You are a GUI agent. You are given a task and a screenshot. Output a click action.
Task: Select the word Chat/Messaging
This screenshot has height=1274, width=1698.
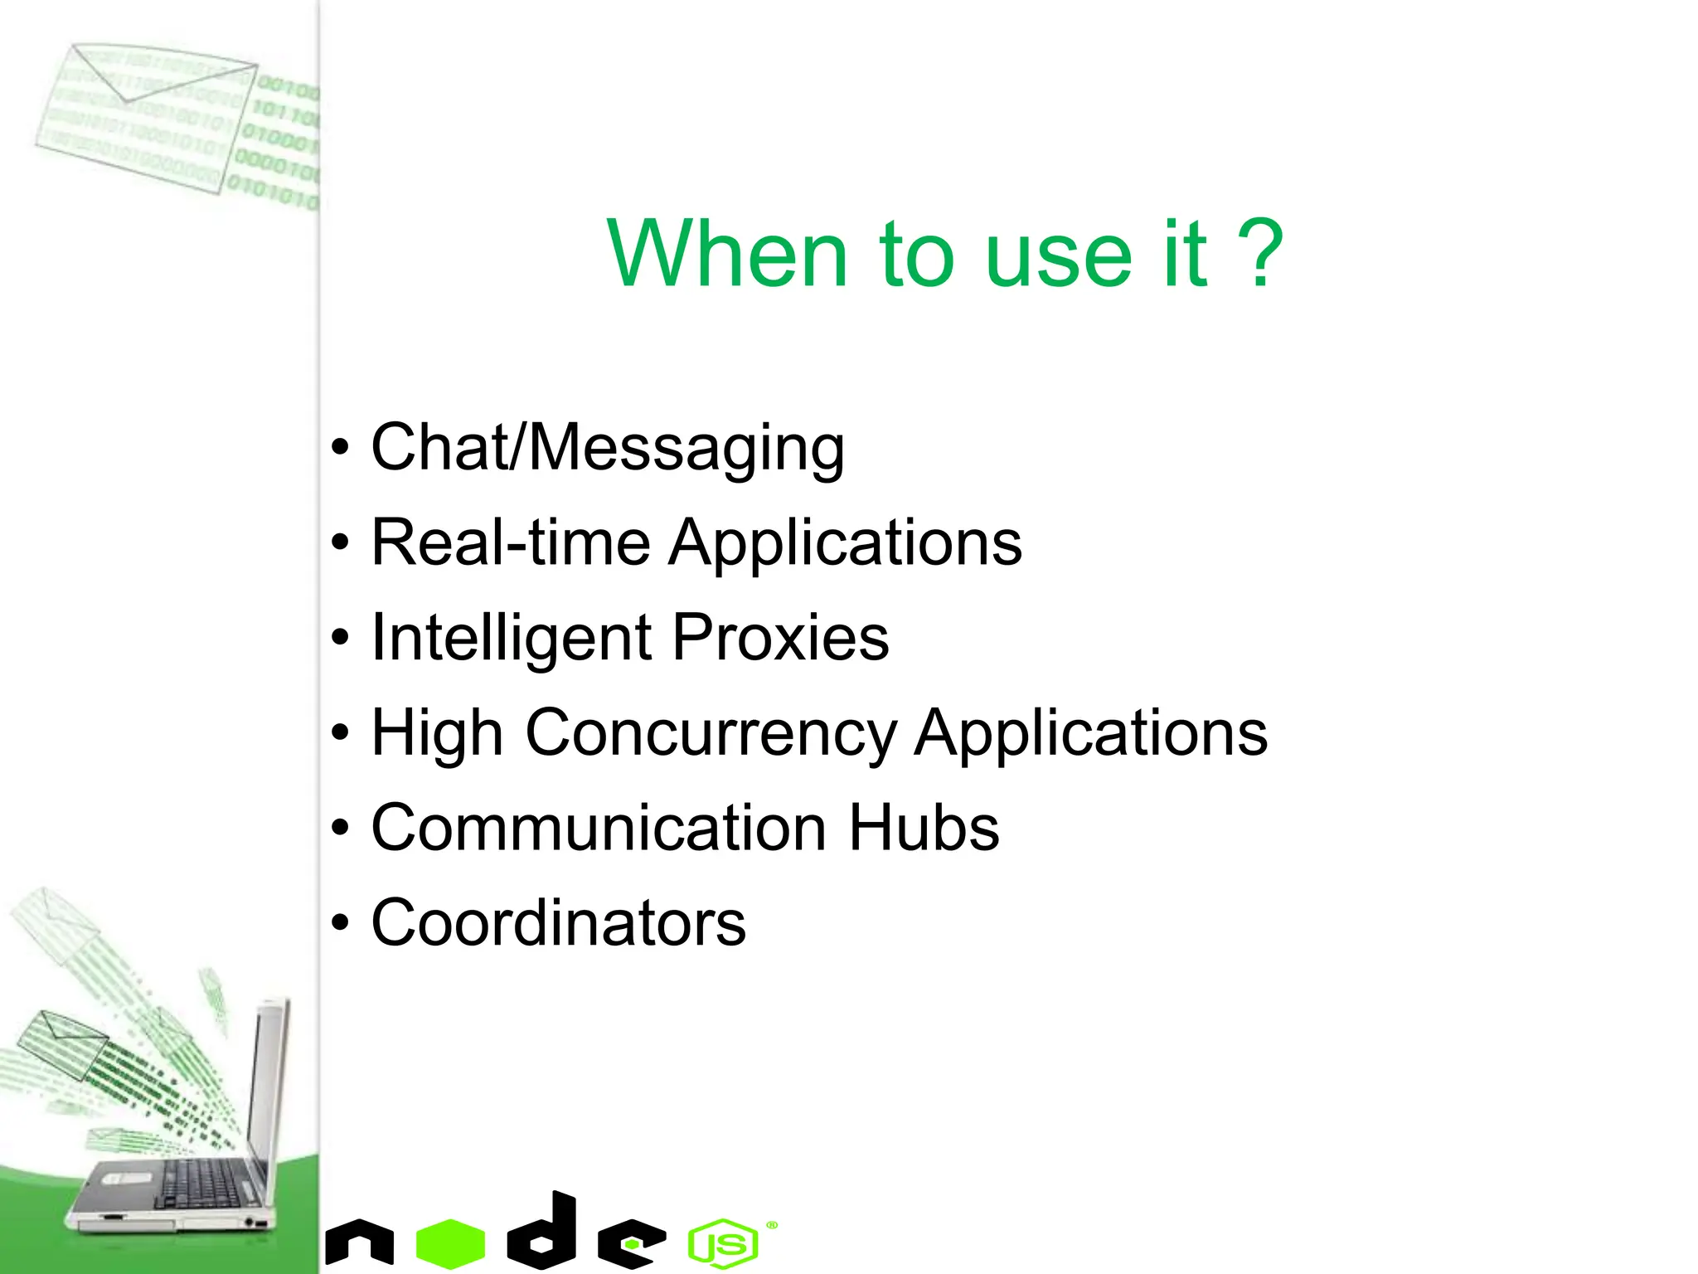click(608, 448)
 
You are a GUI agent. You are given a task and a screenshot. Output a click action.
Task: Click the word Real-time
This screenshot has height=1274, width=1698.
click(511, 542)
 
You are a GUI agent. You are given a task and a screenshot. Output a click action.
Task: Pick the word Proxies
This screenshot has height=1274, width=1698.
click(780, 637)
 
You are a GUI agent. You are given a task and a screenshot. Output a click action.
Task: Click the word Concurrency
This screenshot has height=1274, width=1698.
click(711, 734)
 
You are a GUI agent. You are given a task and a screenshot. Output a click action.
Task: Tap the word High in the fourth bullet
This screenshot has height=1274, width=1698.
click(437, 734)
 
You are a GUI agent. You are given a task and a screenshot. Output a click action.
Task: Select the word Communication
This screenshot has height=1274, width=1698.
click(599, 828)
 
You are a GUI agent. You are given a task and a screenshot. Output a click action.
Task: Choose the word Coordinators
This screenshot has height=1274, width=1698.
click(558, 922)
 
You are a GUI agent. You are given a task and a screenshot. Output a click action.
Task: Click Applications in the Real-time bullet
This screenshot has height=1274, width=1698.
click(846, 542)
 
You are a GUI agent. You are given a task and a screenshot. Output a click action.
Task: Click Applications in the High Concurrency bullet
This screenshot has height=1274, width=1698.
click(1091, 734)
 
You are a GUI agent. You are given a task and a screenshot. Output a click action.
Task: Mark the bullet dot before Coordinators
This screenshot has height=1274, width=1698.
click(340, 923)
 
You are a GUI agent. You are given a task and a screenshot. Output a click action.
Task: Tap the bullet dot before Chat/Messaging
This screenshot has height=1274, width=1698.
click(340, 448)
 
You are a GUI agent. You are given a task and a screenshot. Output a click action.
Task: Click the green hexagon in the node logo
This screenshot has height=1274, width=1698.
click(450, 1243)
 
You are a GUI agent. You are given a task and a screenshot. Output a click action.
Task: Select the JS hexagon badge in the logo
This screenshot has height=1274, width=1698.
click(723, 1243)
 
